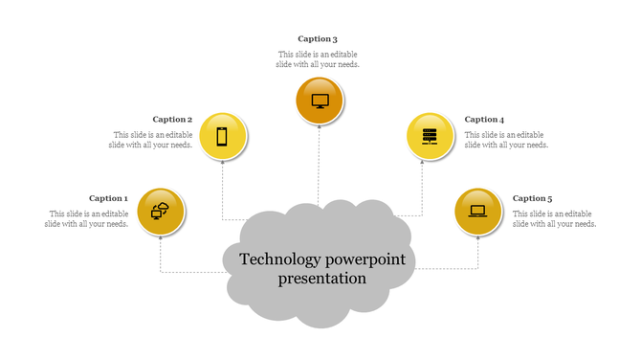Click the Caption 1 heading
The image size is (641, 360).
(108, 198)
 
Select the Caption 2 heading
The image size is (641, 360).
(172, 120)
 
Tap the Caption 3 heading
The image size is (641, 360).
(318, 39)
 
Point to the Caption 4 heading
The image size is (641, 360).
(484, 120)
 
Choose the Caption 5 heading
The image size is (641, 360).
(532, 198)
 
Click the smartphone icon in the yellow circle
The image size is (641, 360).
(222, 137)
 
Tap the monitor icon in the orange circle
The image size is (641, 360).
(320, 101)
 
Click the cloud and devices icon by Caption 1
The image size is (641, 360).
(161, 212)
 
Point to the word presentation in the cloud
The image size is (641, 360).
(322, 279)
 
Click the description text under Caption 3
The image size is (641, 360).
(319, 59)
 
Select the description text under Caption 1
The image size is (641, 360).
(86, 218)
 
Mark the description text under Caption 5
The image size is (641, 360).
(555, 218)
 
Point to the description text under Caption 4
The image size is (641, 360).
(507, 140)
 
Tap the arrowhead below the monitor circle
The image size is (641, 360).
(320, 129)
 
